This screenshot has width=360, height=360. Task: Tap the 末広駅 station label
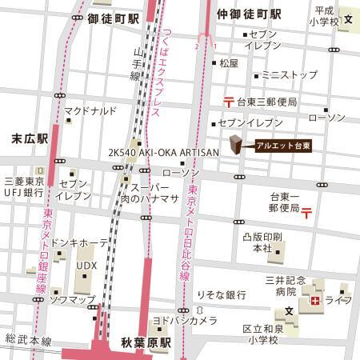[31, 138]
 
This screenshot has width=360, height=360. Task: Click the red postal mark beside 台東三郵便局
[229, 102]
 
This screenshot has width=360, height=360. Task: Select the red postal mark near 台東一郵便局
[306, 210]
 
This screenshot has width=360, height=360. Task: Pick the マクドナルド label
[91, 110]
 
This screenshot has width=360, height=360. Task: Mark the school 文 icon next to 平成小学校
[348, 18]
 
